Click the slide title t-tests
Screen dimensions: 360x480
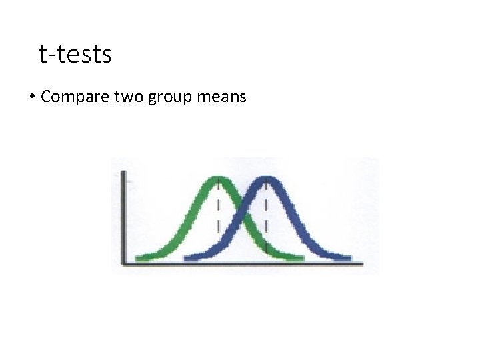tap(75, 54)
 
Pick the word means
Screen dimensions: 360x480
tap(222, 97)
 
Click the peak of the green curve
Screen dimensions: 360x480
tap(219, 180)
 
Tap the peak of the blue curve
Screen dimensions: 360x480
tap(267, 180)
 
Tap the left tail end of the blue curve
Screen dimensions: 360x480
tap(187, 257)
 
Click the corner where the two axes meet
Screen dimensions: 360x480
tap(123, 263)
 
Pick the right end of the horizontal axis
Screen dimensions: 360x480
tap(362, 263)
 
